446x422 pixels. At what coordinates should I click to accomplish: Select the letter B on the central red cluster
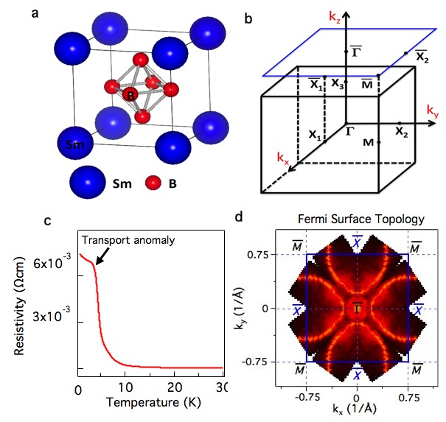[x=130, y=96]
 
